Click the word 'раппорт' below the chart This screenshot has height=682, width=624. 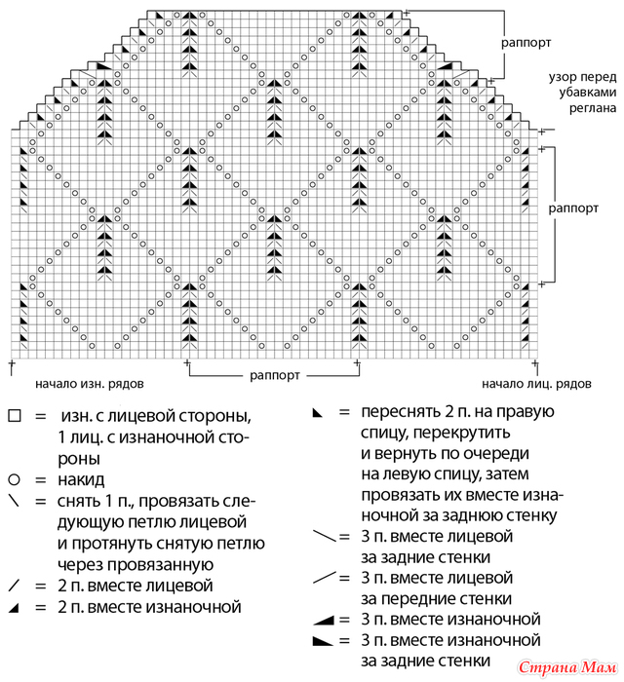click(x=275, y=375)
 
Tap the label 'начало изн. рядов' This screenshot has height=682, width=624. click(x=89, y=384)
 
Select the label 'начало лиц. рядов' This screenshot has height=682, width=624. click(x=536, y=384)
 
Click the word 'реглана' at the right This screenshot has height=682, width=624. click(x=593, y=108)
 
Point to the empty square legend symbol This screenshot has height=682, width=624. click(x=15, y=416)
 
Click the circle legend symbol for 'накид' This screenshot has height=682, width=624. click(x=15, y=479)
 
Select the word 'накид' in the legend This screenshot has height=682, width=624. click(x=81, y=479)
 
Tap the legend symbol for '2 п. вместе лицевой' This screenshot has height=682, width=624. click(x=14, y=586)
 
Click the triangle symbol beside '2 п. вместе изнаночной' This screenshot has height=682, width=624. click(x=14, y=608)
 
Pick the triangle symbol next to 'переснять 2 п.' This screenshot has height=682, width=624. click(x=318, y=413)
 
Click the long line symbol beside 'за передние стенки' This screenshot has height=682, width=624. click(x=324, y=578)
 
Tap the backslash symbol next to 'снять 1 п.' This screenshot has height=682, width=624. click(x=14, y=501)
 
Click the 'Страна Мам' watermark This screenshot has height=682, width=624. click(x=567, y=667)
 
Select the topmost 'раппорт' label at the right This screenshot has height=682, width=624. click(x=526, y=43)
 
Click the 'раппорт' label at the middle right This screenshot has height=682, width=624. click(x=573, y=208)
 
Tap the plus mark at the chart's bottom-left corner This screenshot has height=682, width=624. click(x=12, y=362)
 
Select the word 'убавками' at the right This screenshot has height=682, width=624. click(x=588, y=93)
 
